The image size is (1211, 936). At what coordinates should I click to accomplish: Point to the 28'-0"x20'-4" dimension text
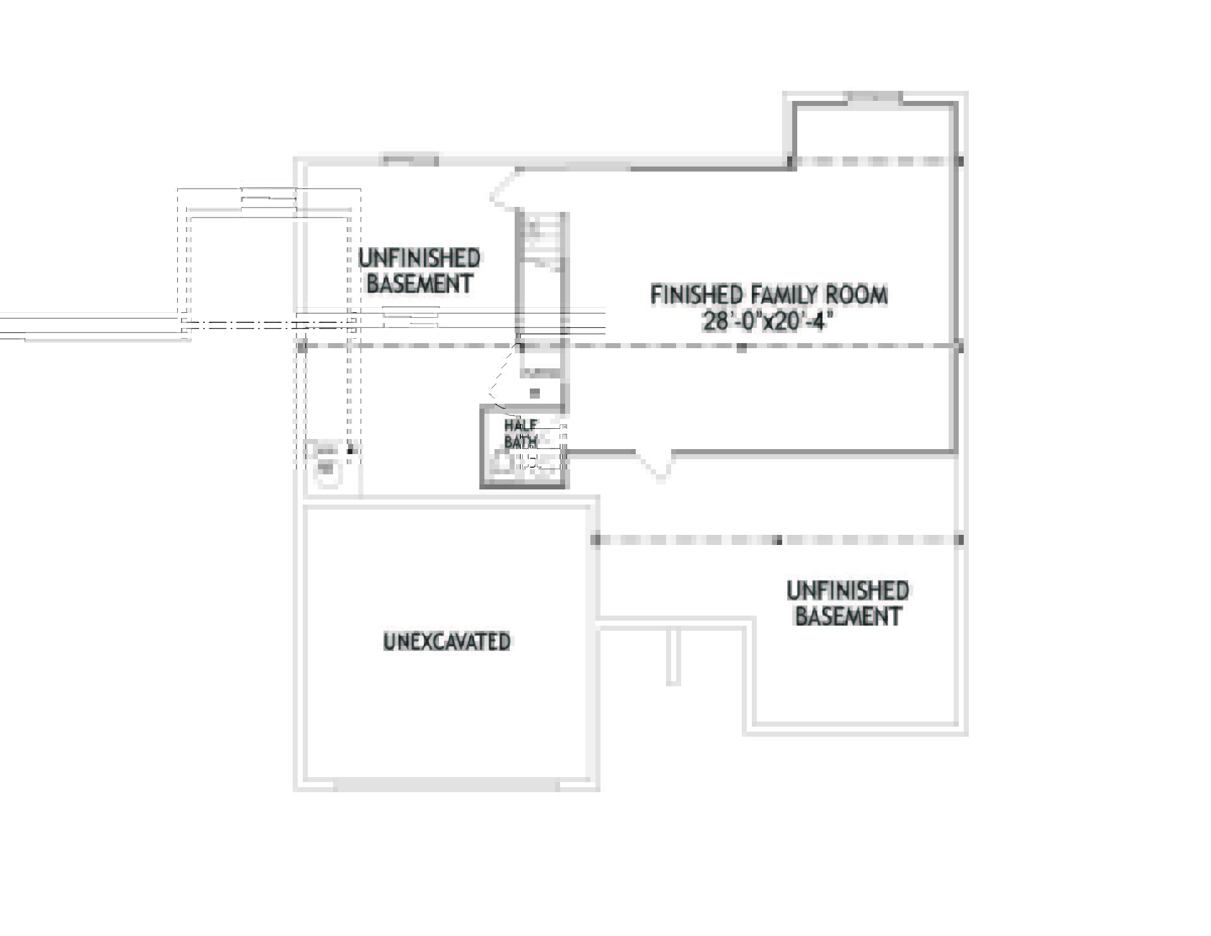[768, 322]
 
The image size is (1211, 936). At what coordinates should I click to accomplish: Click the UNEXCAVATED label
[447, 641]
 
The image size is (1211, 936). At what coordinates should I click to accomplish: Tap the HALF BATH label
[521, 433]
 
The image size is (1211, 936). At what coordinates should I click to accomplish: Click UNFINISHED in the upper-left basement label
[419, 258]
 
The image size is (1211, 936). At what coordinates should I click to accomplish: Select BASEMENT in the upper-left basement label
[419, 284]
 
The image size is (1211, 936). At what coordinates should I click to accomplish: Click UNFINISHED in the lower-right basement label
[848, 590]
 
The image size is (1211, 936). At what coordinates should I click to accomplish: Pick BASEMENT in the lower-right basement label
[848, 616]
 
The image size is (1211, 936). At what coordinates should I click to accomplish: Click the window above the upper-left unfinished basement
[409, 160]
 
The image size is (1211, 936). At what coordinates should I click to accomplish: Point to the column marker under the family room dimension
[742, 347]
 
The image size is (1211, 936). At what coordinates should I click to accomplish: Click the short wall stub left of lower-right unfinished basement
[673, 656]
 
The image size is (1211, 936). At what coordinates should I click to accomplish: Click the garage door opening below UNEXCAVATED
[446, 786]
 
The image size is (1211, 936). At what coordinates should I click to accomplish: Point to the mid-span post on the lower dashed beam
[778, 541]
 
